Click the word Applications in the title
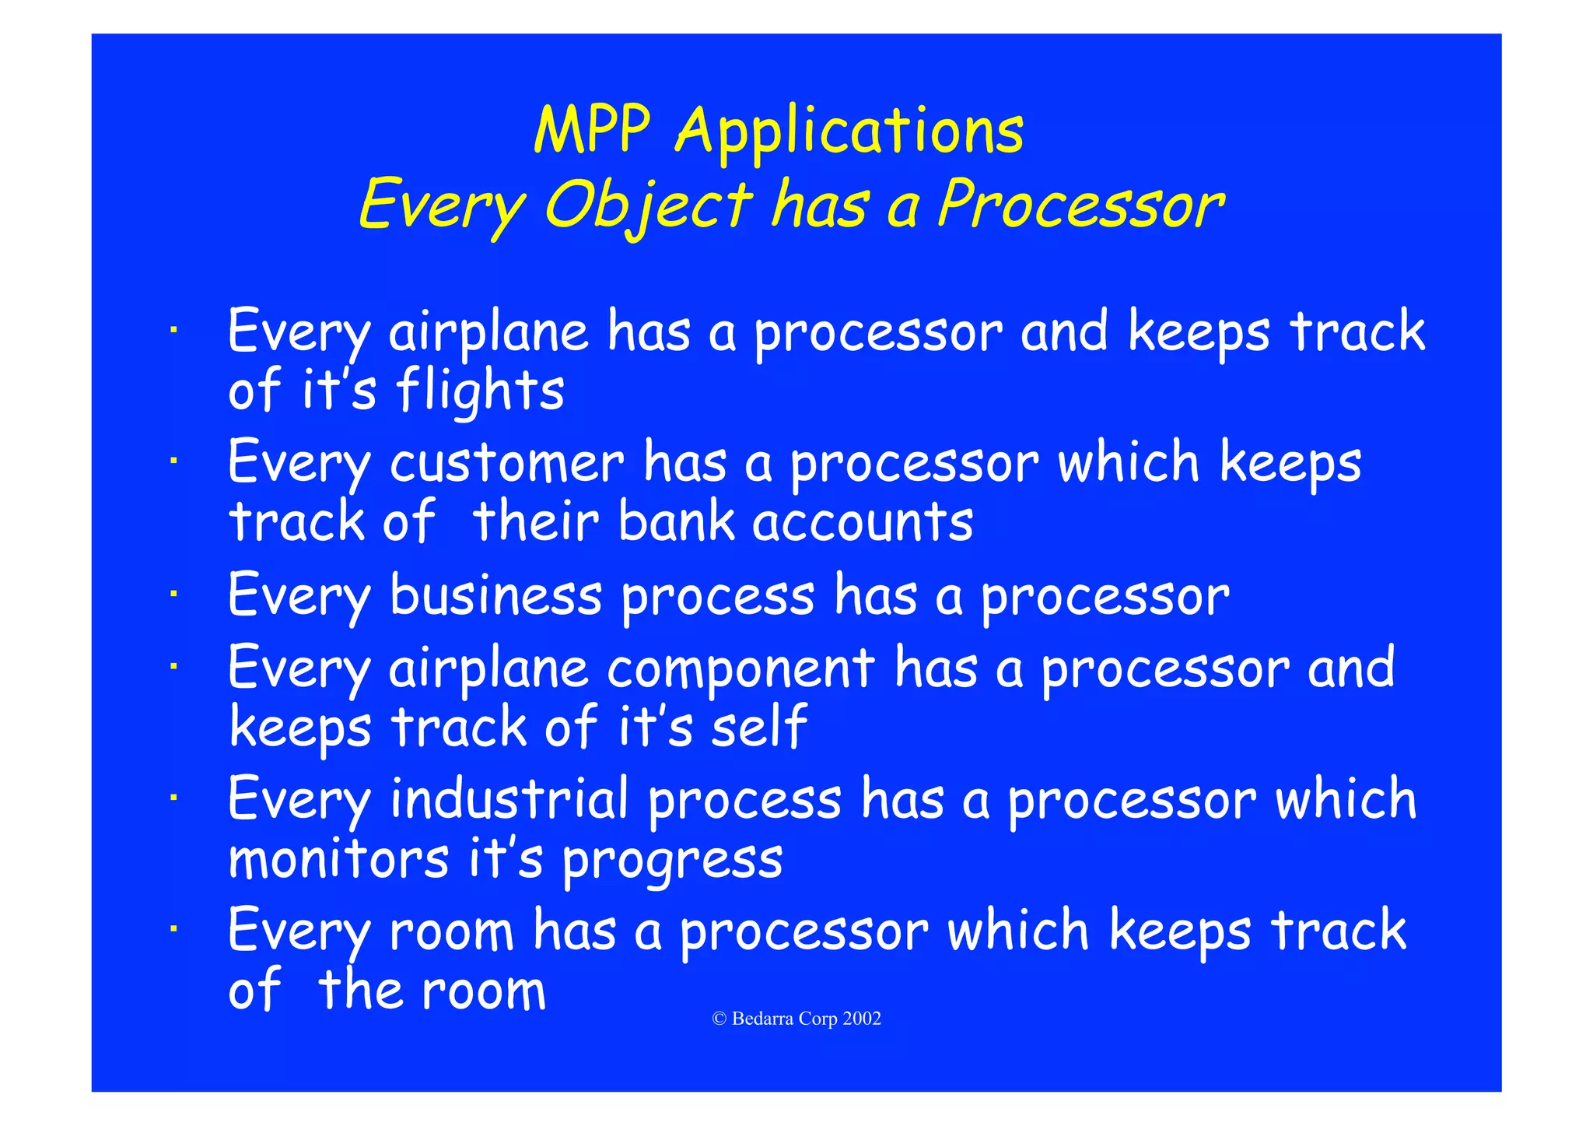coord(849,132)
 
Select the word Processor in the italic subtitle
coord(1080,205)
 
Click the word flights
coord(480,391)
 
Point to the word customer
coord(506,463)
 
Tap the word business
coord(495,595)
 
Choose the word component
coord(740,669)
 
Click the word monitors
coord(338,859)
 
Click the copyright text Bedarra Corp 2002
coord(797,1019)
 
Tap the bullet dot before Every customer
coord(175,461)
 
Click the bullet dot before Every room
coord(175,928)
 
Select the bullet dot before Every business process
coord(175,595)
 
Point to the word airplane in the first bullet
coord(488,332)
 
